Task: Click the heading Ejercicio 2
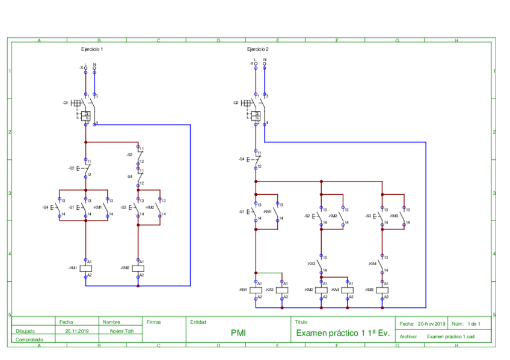point(258,49)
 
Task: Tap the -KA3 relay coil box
point(282,290)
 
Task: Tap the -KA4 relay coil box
point(348,290)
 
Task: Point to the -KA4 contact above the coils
point(382,264)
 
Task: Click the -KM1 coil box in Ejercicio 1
point(86,268)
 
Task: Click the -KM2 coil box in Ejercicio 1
point(138,268)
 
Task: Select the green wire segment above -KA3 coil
point(269,273)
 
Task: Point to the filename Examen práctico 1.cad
point(450,337)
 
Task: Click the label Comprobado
point(25,340)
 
